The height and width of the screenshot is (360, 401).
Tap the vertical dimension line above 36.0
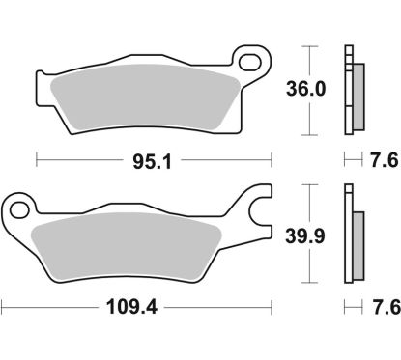pyautogui.click(x=308, y=58)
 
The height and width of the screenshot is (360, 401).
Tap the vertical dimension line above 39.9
pyautogui.click(x=308, y=200)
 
